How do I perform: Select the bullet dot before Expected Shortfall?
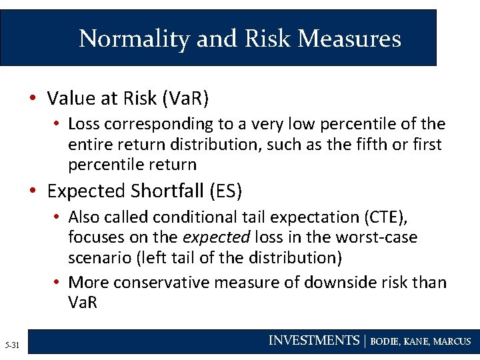tap(33, 191)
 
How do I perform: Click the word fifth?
tap(371, 144)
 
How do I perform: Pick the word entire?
tap(88, 144)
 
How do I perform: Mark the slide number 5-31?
tap(12, 345)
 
